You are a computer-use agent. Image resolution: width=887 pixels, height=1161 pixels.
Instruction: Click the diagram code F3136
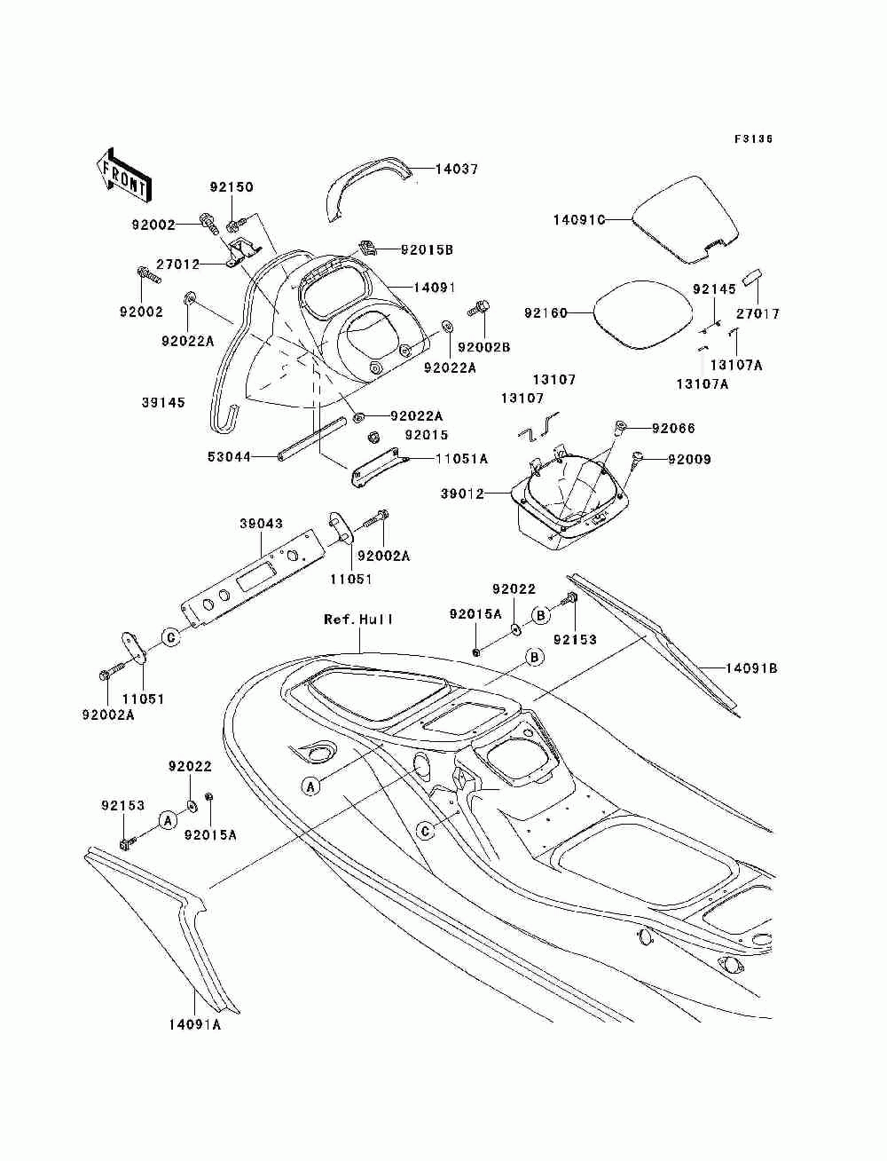pos(753,139)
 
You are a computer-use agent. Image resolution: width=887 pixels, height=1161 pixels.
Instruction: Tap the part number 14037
pos(456,170)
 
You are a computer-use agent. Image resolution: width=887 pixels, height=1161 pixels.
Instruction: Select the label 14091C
pos(579,219)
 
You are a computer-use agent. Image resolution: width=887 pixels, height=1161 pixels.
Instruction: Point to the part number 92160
pos(546,313)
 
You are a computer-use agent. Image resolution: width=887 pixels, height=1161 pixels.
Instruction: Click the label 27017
pos(758,313)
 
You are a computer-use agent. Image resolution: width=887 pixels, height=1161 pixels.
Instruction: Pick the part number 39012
pos(462,494)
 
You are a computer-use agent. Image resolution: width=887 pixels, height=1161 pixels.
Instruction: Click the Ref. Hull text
pos(358,619)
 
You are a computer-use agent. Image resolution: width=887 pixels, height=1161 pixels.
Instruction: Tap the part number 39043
pos(262,523)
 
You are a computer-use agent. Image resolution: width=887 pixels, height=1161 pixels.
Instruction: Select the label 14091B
pos(751,668)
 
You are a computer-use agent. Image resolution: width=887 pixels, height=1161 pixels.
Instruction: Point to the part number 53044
pos(229,456)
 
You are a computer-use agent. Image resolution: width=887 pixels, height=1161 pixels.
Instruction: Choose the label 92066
pos(673,428)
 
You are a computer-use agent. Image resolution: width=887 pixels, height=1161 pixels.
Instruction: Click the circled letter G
pos(171,638)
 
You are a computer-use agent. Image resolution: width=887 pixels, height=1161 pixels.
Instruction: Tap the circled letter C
pos(426,832)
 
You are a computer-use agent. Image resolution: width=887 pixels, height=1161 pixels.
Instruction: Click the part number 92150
pos(232,187)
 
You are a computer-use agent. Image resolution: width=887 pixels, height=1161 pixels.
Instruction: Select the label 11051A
pos(461,459)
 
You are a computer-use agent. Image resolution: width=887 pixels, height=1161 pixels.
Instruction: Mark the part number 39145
pos(163,402)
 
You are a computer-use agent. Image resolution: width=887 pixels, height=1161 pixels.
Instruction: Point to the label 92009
pos(689,459)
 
